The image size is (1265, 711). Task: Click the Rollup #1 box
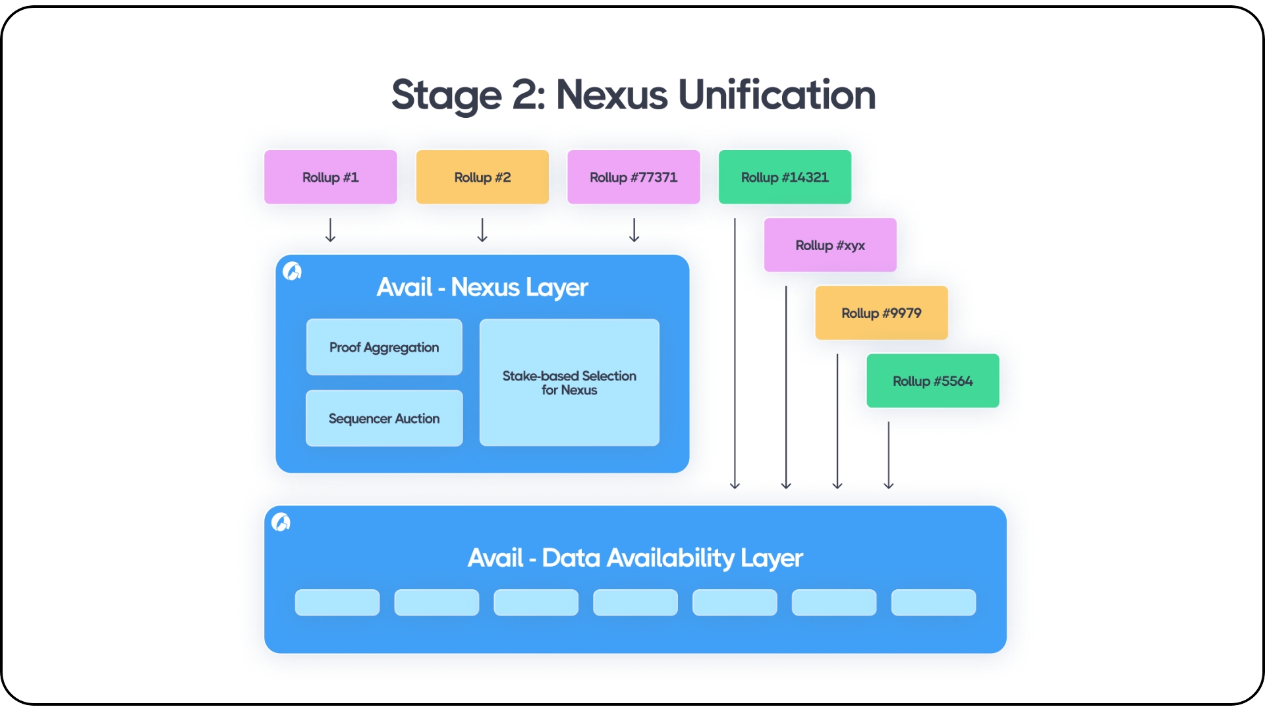330,177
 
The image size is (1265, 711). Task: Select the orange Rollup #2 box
482,177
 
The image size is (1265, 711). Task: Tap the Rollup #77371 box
633,177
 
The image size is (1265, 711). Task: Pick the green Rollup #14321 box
785,177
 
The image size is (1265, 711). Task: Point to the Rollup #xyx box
830,245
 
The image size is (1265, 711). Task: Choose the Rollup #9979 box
881,313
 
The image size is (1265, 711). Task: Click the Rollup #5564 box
932,381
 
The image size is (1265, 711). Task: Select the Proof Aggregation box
384,347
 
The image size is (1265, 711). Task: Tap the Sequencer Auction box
384,418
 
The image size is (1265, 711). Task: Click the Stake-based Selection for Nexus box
569,382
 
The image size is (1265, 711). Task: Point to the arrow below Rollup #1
330,230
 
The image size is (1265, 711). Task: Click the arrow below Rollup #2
482,230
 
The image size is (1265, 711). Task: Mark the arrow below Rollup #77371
634,230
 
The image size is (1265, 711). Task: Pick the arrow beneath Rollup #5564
888,455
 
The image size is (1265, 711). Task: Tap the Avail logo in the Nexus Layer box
292,271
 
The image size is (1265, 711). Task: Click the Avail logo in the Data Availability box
281,522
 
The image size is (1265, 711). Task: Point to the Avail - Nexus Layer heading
482,287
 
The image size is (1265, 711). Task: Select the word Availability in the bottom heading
670,558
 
